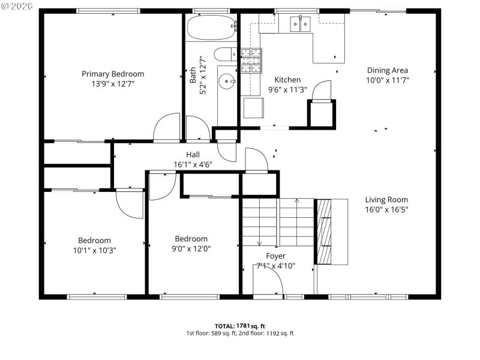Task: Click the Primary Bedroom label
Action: point(113,74)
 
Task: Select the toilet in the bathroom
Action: point(225,55)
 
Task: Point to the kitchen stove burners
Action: point(251,58)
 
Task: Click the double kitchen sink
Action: point(300,24)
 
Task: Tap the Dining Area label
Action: point(387,70)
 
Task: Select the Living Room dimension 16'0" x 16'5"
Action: point(386,210)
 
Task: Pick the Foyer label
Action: point(275,256)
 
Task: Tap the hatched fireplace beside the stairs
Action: point(323,231)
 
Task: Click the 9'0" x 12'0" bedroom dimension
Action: point(191,248)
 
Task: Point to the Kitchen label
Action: point(287,80)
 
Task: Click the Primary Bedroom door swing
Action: point(167,129)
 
